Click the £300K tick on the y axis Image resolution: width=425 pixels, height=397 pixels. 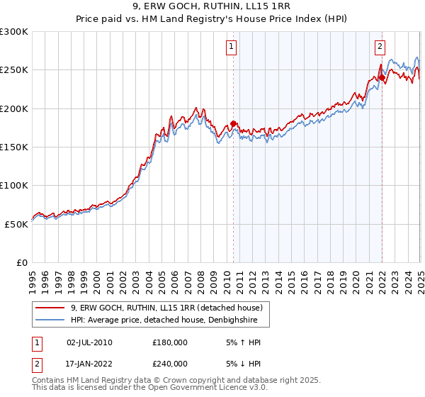14,32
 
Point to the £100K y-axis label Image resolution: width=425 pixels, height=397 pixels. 14,185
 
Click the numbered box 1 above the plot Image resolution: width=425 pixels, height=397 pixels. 232,47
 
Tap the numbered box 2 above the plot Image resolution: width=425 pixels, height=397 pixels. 380,47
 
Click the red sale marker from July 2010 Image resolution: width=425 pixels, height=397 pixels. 233,124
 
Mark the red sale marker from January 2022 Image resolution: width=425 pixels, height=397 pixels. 382,78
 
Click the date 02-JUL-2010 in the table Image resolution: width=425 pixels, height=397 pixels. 89,342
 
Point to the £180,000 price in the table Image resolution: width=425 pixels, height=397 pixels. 170,342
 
